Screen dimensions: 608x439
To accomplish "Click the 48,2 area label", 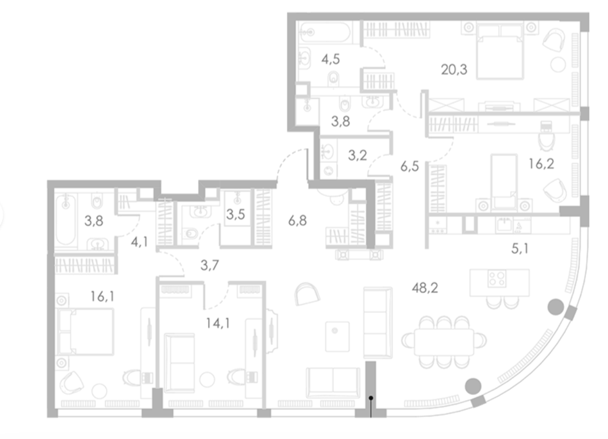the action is tap(425, 288).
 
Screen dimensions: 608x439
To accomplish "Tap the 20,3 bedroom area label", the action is tap(454, 70).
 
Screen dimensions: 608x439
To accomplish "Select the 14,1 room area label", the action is tap(218, 323).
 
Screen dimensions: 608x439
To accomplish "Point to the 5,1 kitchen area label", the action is tap(520, 249).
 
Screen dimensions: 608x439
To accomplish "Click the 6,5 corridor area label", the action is tap(409, 167).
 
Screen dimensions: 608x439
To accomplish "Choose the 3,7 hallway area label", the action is tap(210, 265).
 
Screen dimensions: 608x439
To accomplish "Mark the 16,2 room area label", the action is tap(541, 163).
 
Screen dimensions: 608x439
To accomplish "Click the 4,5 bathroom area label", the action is tap(330, 59).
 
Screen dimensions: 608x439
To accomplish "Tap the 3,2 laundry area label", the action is tap(357, 155).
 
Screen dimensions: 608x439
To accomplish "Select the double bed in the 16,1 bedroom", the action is tap(85, 332).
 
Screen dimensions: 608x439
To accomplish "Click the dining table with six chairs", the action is tap(444, 342).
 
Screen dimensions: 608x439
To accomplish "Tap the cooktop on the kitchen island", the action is tap(497, 278).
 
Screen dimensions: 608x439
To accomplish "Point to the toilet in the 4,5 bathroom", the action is tap(333, 79).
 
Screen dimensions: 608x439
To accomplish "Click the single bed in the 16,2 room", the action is tap(504, 182).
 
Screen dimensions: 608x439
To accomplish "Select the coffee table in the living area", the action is tap(337, 336).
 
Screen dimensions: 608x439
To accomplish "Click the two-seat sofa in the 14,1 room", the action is tap(179, 363).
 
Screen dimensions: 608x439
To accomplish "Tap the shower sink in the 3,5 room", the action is tap(237, 199).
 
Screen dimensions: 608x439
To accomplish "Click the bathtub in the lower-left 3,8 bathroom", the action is tap(66, 220).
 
